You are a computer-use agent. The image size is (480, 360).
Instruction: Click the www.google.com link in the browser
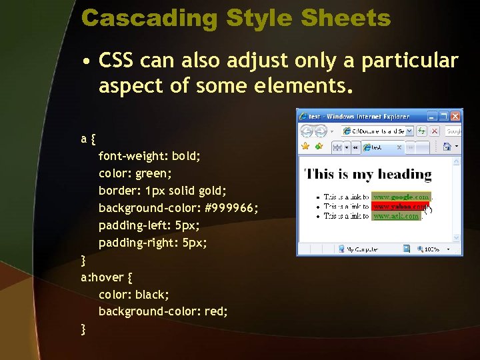[401, 197]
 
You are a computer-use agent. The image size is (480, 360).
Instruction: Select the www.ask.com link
[396, 216]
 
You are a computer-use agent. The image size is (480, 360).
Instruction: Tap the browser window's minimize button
[432, 116]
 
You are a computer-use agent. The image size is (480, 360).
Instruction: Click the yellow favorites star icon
[305, 147]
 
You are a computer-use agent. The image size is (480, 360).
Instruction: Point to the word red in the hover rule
[217, 311]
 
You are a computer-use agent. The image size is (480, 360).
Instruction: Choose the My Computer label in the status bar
[363, 249]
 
